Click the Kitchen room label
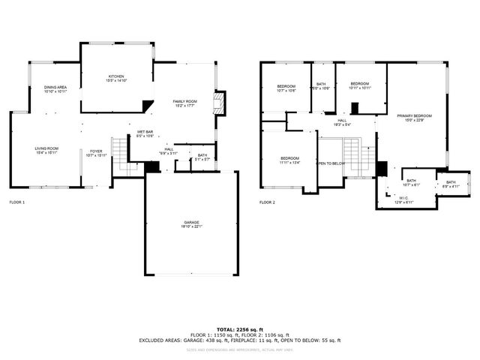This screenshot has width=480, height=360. [x=116, y=78]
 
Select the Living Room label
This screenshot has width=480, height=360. [x=46, y=150]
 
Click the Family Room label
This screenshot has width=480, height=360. [x=184, y=103]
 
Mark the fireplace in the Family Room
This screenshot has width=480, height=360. [x=219, y=103]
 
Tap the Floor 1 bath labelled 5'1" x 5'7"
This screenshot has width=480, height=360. [x=202, y=157]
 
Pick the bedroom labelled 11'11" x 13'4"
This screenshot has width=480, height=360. [x=290, y=160]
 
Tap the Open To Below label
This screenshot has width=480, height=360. [x=331, y=163]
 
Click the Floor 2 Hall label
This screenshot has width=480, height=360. [x=341, y=121]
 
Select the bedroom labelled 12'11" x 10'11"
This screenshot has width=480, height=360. [x=360, y=85]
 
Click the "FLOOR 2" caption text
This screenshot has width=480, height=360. [x=268, y=202]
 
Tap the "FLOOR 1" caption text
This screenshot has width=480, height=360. [x=16, y=202]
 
